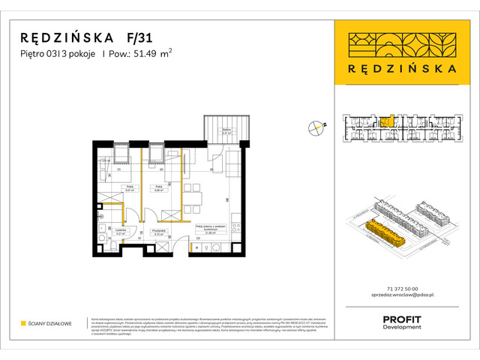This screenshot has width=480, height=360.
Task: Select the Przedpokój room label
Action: click(x=157, y=232)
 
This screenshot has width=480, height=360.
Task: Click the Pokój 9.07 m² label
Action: click(x=130, y=188)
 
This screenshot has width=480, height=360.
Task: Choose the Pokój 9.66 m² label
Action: click(x=158, y=188)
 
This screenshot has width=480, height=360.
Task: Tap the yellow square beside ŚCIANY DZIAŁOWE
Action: click(x=23, y=324)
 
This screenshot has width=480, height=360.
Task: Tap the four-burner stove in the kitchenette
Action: click(x=236, y=223)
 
